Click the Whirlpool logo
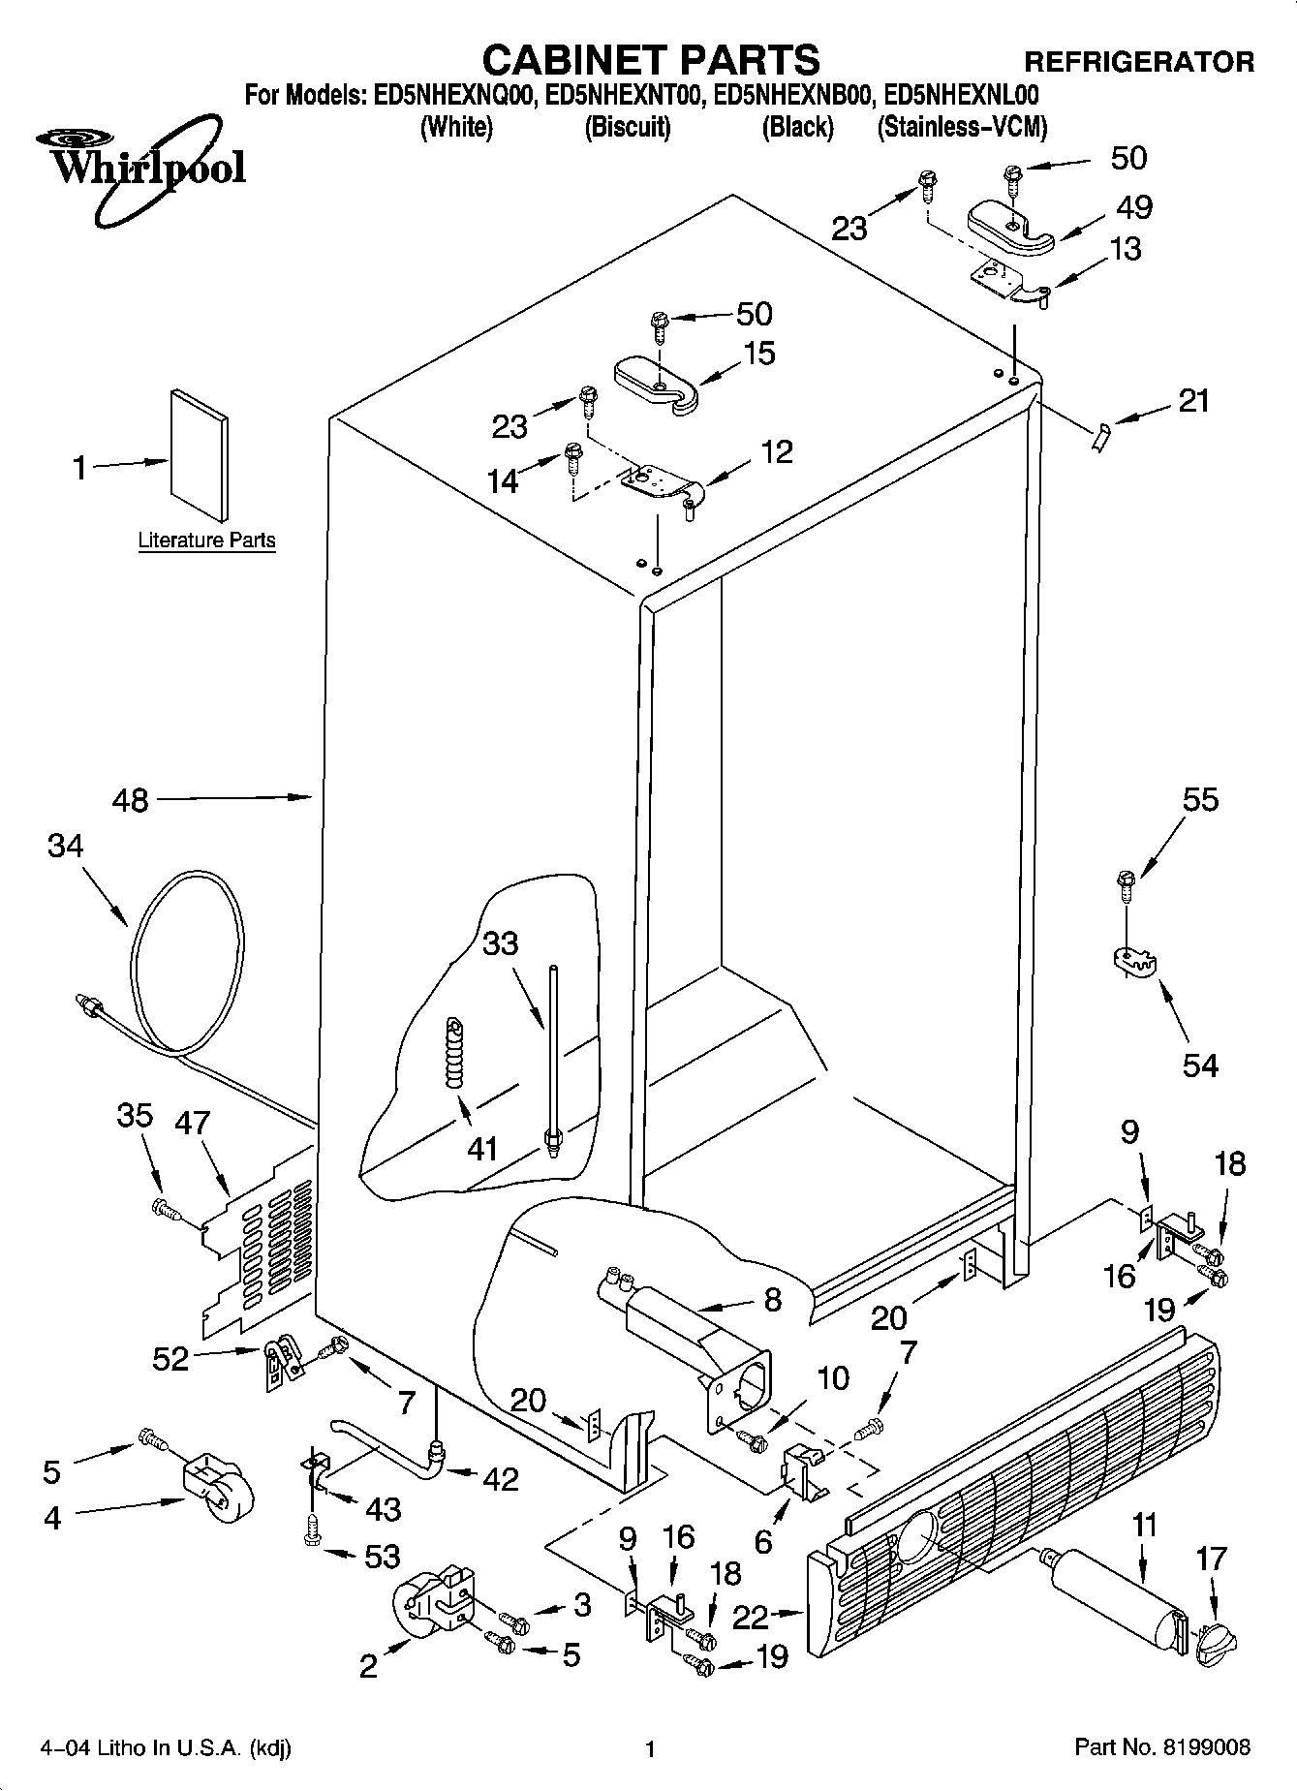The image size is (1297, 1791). [145, 168]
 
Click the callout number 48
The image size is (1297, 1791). [131, 801]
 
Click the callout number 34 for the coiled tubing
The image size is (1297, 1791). [65, 847]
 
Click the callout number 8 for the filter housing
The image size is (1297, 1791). [772, 1299]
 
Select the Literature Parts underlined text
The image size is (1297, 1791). [206, 540]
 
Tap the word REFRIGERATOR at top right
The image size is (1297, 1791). [1139, 62]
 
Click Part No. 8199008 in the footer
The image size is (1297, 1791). [1162, 1747]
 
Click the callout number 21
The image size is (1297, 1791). [1194, 399]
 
